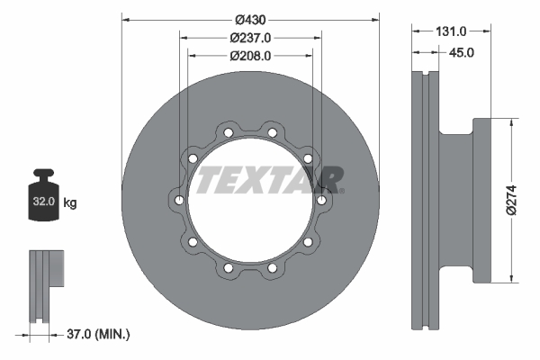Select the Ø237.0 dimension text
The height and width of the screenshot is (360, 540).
(x=250, y=38)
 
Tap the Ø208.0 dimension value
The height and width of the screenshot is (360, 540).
(x=250, y=55)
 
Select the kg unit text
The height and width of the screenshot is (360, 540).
(x=70, y=203)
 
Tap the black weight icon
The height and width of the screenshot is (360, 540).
(x=43, y=193)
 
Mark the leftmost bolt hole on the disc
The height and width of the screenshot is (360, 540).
(x=179, y=200)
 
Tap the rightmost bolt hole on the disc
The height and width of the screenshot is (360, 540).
(x=321, y=200)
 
